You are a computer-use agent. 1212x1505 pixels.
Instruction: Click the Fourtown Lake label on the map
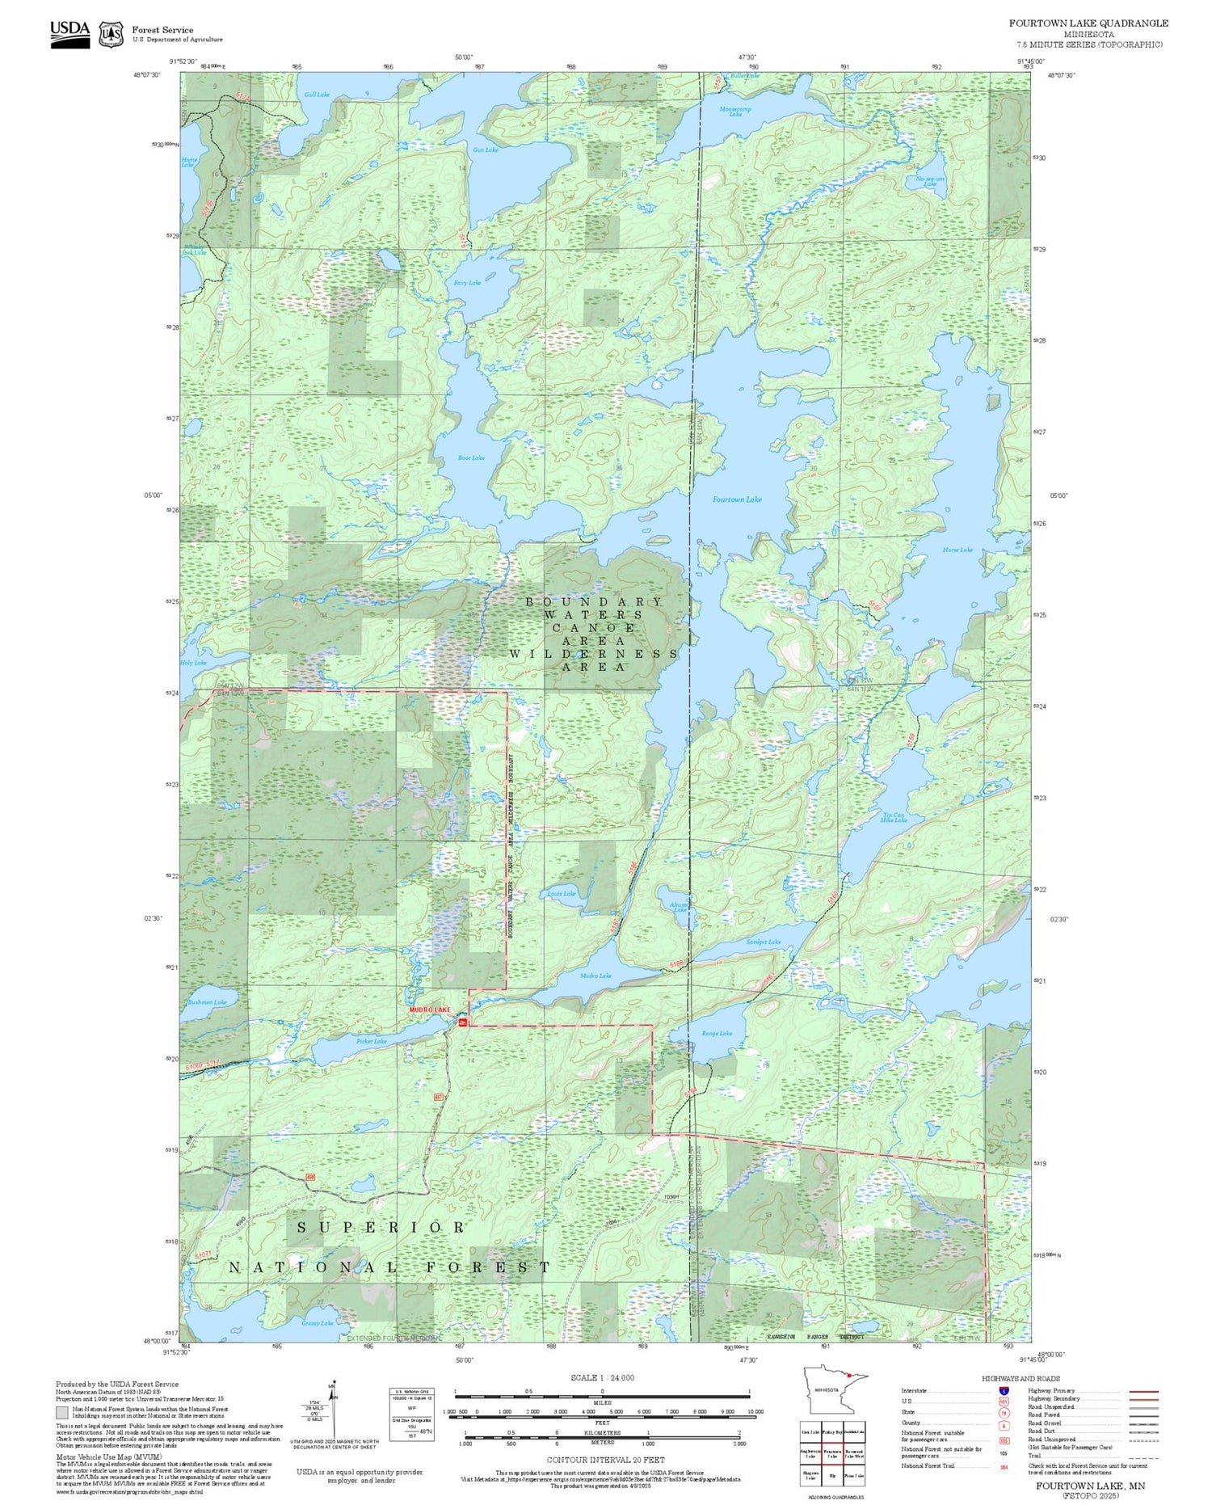tap(736, 500)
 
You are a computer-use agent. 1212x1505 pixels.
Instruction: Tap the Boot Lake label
tap(471, 458)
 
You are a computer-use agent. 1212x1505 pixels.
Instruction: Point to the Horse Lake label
tap(957, 550)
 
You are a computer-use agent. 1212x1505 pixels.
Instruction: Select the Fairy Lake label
tap(467, 283)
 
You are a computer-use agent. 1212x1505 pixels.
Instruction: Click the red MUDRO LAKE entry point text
tap(429, 1010)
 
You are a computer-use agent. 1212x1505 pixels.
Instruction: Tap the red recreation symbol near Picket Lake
tap(463, 1023)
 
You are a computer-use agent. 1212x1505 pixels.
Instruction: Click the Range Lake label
tap(717, 1034)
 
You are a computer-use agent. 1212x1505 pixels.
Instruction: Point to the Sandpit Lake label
tap(764, 942)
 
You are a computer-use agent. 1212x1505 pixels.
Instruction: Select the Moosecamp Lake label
tap(735, 112)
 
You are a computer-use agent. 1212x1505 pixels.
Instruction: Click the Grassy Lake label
tap(318, 1323)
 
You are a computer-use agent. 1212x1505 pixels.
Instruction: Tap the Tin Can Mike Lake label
tap(894, 818)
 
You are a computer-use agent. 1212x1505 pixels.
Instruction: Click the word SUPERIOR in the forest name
tap(381, 1227)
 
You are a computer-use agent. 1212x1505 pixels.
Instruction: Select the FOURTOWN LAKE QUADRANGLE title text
tap(1088, 23)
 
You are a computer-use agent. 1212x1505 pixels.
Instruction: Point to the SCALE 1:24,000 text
tap(602, 1377)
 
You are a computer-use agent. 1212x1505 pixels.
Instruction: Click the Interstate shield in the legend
tap(1003, 1390)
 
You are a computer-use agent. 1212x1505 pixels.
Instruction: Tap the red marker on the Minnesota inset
tap(848, 1397)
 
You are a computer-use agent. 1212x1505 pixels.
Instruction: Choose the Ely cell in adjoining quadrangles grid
tap(832, 1474)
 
